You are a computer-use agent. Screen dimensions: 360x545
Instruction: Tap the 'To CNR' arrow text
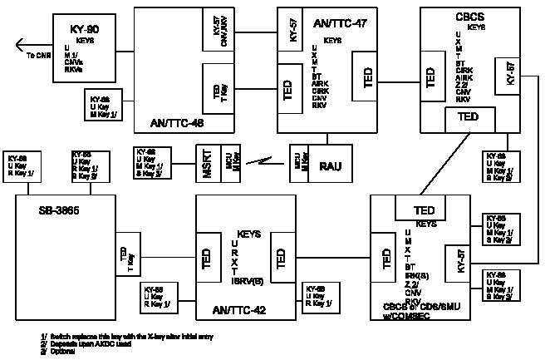[37, 55]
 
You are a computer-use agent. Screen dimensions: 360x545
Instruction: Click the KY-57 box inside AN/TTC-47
[292, 32]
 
